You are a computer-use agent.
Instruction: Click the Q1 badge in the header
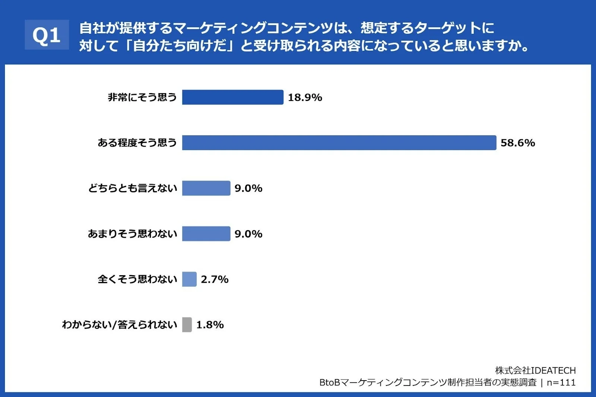tap(47, 35)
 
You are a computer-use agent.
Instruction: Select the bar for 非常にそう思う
tap(232, 97)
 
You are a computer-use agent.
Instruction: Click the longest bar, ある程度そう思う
tap(339, 143)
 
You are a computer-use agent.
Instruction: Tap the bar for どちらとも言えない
tap(206, 188)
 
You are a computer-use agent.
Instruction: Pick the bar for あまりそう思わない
tap(206, 234)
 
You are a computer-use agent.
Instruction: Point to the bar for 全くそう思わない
tap(189, 279)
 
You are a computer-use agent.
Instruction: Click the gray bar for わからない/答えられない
tap(187, 325)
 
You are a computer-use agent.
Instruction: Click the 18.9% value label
tap(305, 98)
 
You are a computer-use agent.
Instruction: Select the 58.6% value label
tap(517, 143)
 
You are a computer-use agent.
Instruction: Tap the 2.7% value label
tap(215, 279)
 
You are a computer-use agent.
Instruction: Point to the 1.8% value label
tap(210, 325)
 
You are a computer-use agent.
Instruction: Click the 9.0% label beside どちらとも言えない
tap(248, 188)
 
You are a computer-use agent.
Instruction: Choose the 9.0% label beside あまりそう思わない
tap(248, 234)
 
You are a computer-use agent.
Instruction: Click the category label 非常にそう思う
tap(142, 97)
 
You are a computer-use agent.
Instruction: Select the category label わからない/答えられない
tap(119, 325)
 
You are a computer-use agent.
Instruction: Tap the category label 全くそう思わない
tap(137, 279)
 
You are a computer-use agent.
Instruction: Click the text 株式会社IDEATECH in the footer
tap(535, 371)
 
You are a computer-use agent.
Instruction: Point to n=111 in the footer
tap(561, 382)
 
